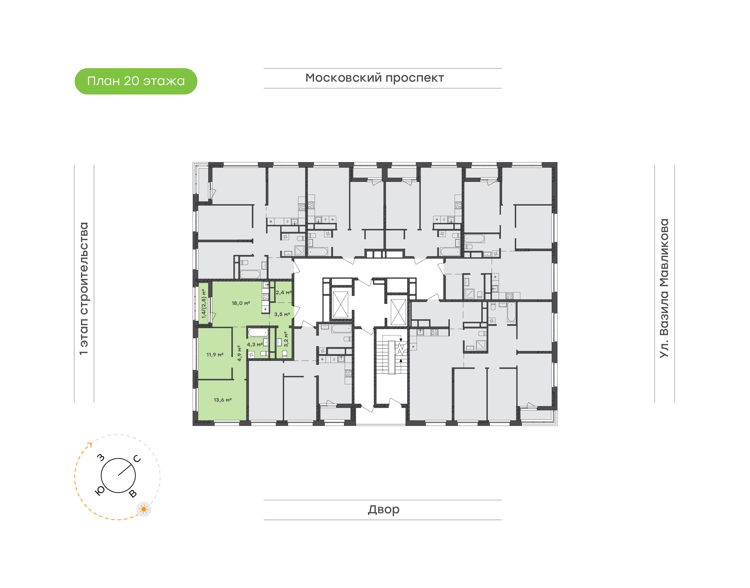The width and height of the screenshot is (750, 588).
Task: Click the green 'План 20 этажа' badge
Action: (x=136, y=81)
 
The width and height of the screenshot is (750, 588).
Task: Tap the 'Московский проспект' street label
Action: (x=374, y=78)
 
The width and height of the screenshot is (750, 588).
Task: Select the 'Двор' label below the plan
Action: (x=383, y=509)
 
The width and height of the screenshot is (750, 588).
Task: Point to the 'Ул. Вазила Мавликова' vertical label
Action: (x=664, y=289)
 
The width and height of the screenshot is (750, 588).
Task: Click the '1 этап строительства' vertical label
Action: (x=84, y=289)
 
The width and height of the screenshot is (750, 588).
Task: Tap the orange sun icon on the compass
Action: (x=144, y=509)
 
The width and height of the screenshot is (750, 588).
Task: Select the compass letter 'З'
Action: (x=101, y=457)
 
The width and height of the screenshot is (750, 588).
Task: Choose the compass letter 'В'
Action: (x=133, y=494)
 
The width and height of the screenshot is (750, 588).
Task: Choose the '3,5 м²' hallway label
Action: (x=282, y=315)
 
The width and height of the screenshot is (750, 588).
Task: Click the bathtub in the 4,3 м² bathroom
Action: (x=258, y=333)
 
